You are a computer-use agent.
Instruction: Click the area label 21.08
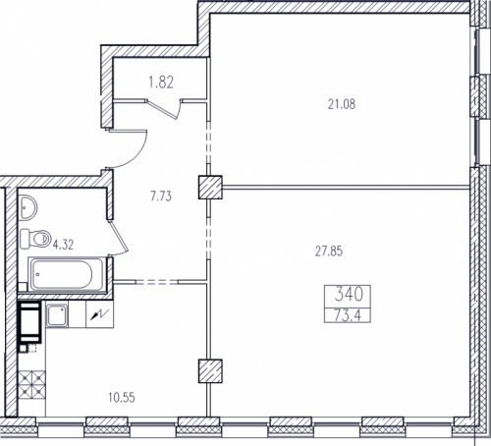(x=342, y=104)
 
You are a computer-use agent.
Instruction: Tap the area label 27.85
(x=329, y=251)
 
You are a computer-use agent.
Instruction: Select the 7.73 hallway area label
(x=161, y=196)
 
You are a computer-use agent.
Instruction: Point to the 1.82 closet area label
(x=161, y=83)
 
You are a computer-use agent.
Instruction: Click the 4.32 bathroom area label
(x=64, y=245)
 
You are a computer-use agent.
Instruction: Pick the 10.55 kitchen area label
(x=122, y=398)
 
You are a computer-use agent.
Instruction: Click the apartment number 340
(x=349, y=294)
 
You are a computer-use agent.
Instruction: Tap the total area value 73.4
(x=348, y=315)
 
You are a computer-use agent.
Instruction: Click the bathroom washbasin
(x=28, y=207)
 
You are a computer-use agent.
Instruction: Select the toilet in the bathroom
(x=35, y=238)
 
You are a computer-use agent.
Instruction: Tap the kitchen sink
(x=57, y=315)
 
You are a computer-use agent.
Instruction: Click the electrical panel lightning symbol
(x=99, y=314)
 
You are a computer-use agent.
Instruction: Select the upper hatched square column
(x=210, y=187)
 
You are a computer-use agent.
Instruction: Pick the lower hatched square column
(x=210, y=371)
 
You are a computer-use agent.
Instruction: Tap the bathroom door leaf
(x=119, y=238)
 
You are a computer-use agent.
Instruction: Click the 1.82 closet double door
(x=164, y=109)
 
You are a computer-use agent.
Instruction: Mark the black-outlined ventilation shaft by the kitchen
(x=29, y=322)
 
